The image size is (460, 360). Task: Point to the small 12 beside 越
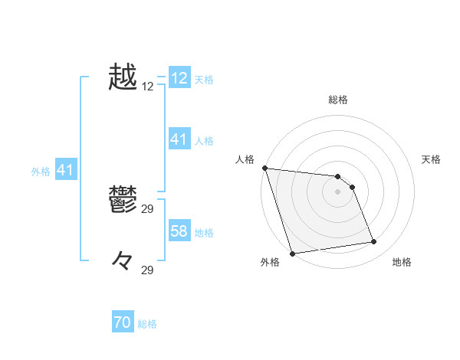coord(148,87)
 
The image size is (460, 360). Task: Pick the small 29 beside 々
coord(148,270)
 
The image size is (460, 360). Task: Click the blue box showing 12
coord(179,78)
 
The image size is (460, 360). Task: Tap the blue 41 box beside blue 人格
coord(179,139)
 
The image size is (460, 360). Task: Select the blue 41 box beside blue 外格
coord(65,171)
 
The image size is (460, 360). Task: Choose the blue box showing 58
coord(179,231)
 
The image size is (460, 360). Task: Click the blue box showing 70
coord(123,323)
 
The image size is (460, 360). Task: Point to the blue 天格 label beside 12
coord(204,80)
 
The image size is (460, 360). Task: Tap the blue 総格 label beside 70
coord(147,324)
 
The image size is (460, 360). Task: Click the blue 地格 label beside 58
coord(204,233)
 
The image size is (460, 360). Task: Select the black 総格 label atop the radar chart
coord(338,100)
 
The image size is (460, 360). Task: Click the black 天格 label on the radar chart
coord(432,159)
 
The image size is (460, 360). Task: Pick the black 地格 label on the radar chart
coord(402,263)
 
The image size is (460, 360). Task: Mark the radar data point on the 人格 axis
coord(264,168)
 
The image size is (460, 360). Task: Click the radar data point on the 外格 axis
coord(293,254)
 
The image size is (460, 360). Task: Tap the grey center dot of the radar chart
coord(338,191)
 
